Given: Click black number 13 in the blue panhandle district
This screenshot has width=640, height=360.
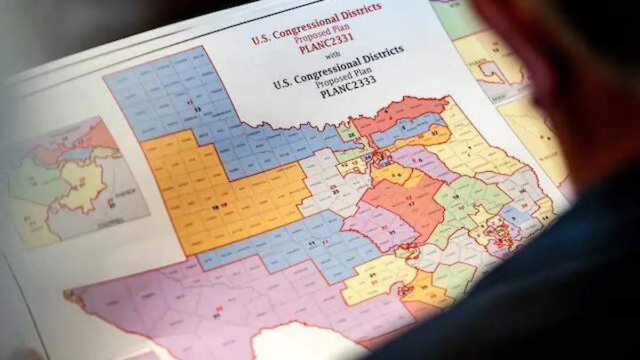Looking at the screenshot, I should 197,109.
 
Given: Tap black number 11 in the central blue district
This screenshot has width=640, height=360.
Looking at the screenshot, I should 311,243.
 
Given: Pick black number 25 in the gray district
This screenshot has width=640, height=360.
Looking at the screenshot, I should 334,191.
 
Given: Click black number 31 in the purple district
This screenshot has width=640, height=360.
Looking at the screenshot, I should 391,233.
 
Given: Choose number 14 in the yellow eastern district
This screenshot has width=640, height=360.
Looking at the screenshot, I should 545,218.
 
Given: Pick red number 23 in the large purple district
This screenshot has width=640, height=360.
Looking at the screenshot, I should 219,308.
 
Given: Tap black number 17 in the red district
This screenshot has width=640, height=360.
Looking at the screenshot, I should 412,204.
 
